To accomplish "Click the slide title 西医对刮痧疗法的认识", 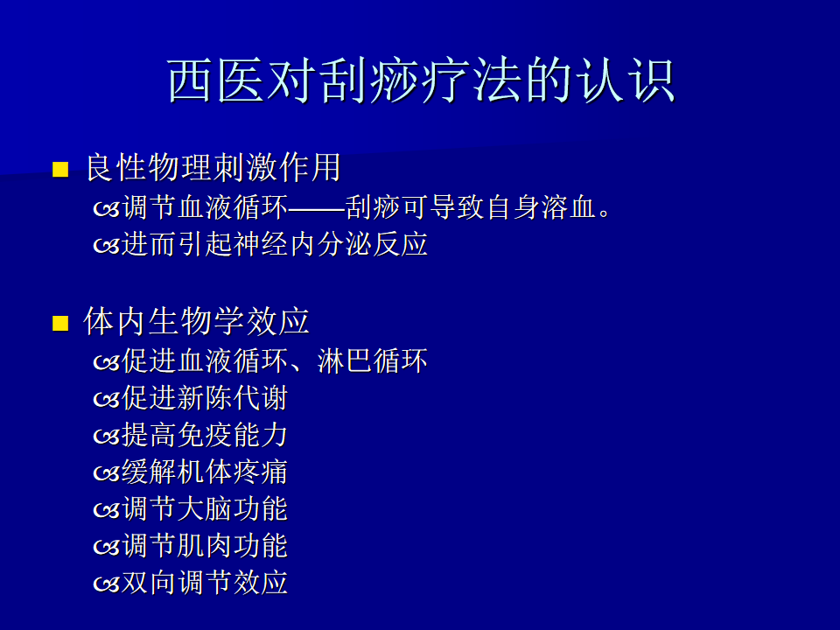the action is pyautogui.click(x=421, y=80).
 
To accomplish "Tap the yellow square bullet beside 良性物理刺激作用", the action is pyautogui.click(x=60, y=169).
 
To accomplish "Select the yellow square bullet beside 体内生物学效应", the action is pyautogui.click(x=60, y=323).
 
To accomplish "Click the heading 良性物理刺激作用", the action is pyautogui.click(x=213, y=167).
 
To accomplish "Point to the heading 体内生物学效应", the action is pyautogui.click(x=197, y=321).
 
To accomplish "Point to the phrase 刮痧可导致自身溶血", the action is pyautogui.click(x=471, y=207).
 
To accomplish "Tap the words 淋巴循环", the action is pyautogui.click(x=373, y=360).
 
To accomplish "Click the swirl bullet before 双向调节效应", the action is pyautogui.click(x=107, y=584).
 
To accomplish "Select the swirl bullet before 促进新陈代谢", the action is pyautogui.click(x=107, y=399).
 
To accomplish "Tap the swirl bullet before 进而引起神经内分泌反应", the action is pyautogui.click(x=107, y=246).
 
